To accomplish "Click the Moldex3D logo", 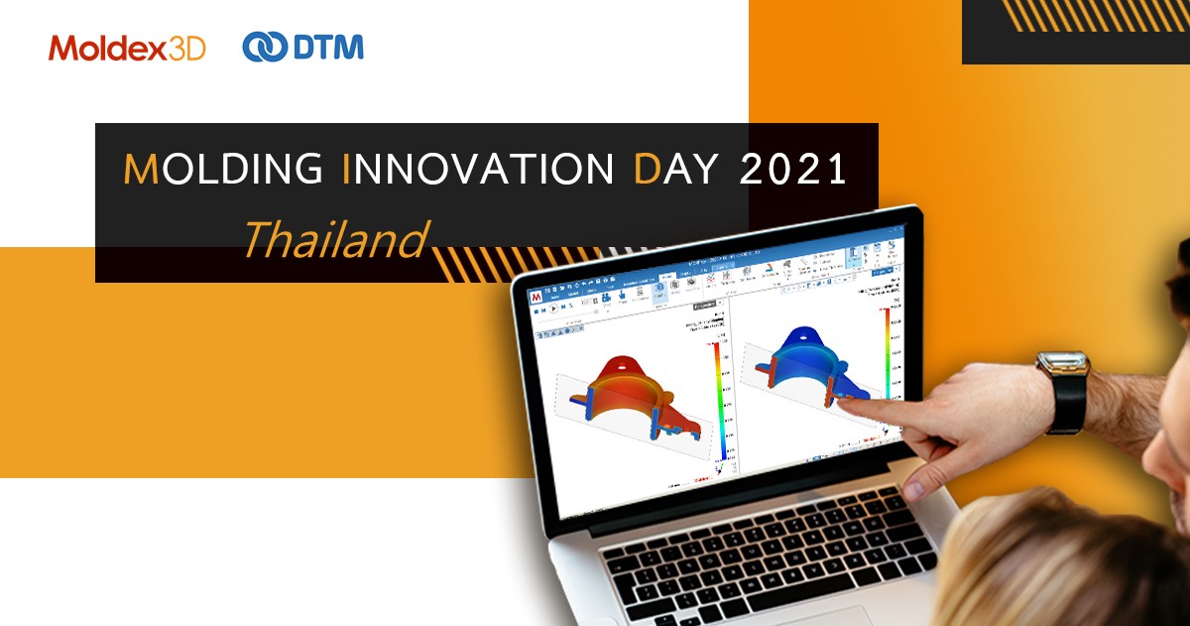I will pyautogui.click(x=127, y=47).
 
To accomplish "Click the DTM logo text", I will pyautogui.click(x=329, y=47).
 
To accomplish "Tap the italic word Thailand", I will pyautogui.click(x=334, y=240).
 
